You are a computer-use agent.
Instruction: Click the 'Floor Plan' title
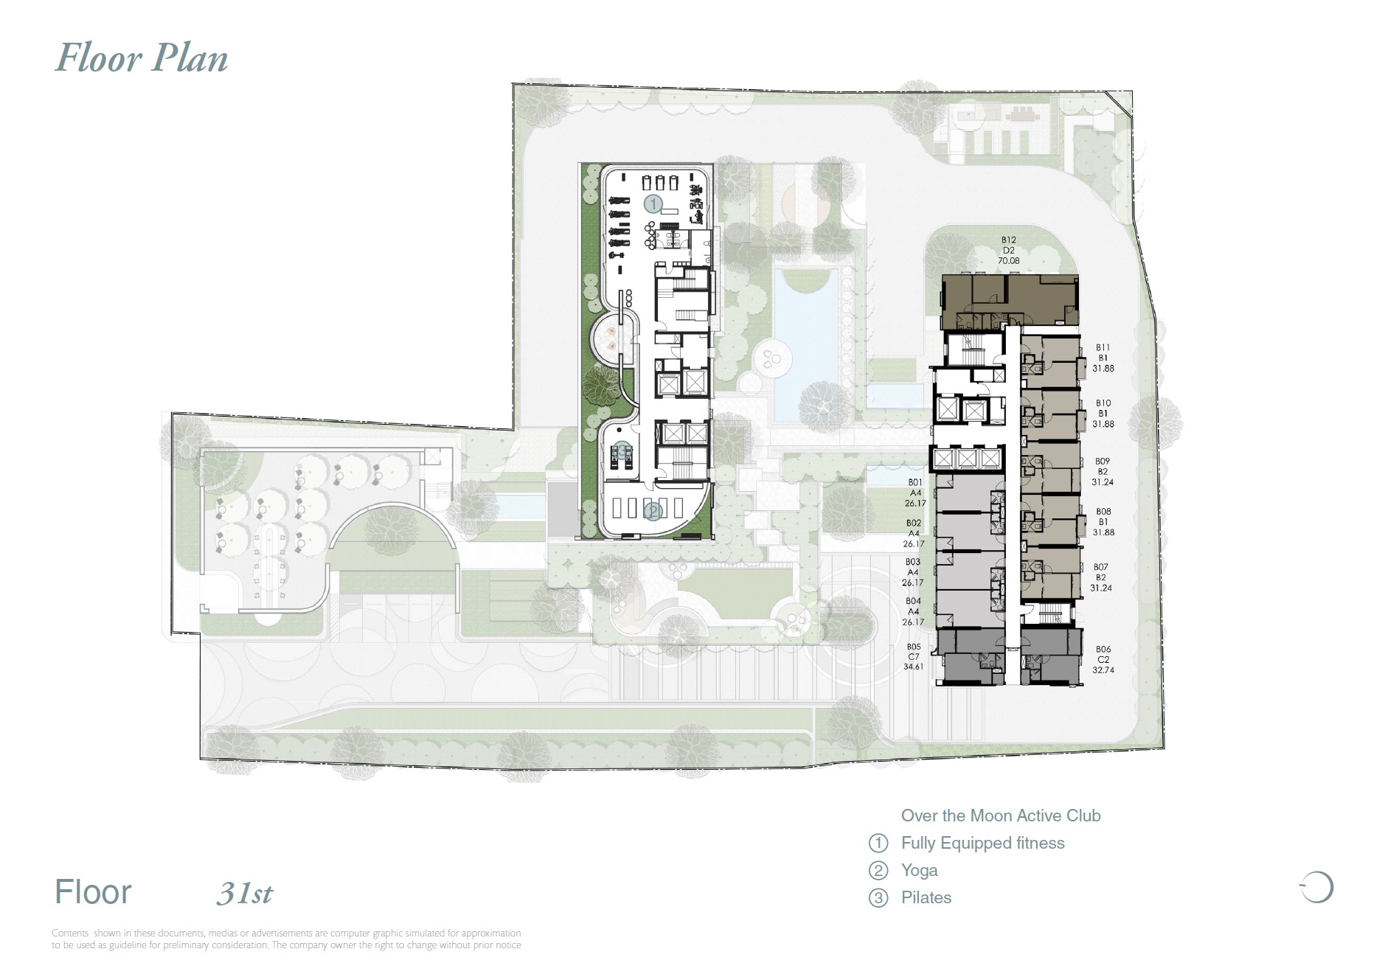pos(142,58)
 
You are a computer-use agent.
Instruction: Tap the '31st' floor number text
pos(245,894)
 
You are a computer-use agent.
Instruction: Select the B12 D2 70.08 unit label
pos(1008,250)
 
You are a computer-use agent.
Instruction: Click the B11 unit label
pos(1103,358)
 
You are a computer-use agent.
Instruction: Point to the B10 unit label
pos(1103,414)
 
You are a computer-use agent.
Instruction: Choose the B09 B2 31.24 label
pos(1102,471)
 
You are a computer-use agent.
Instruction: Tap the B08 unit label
pos(1103,521)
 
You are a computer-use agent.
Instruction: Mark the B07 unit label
pos(1100,577)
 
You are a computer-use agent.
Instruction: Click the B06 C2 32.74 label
pos(1103,659)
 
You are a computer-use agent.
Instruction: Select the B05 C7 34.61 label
pos(913,656)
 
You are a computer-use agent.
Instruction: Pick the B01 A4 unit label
pos(914,493)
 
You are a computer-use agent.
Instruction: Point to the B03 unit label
pos(912,572)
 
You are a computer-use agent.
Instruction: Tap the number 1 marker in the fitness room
pos(653,204)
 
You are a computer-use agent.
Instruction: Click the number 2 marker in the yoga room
pos(652,510)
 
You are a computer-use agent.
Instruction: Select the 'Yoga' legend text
pos(919,870)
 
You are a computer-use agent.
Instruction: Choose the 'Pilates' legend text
pos(926,897)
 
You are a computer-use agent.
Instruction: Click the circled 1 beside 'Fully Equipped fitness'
pos(878,843)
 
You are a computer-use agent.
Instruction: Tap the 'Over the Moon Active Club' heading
pos(1000,816)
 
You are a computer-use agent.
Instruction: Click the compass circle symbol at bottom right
pos(1317,887)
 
